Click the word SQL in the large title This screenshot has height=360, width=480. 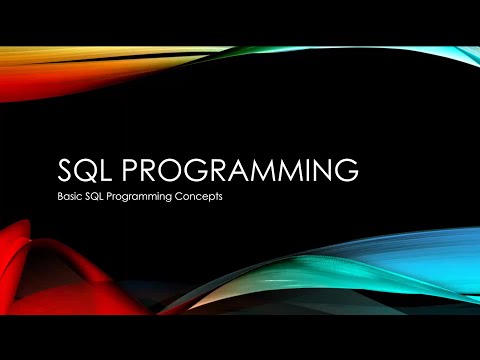click(x=87, y=169)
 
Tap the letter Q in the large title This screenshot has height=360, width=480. click(x=87, y=169)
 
